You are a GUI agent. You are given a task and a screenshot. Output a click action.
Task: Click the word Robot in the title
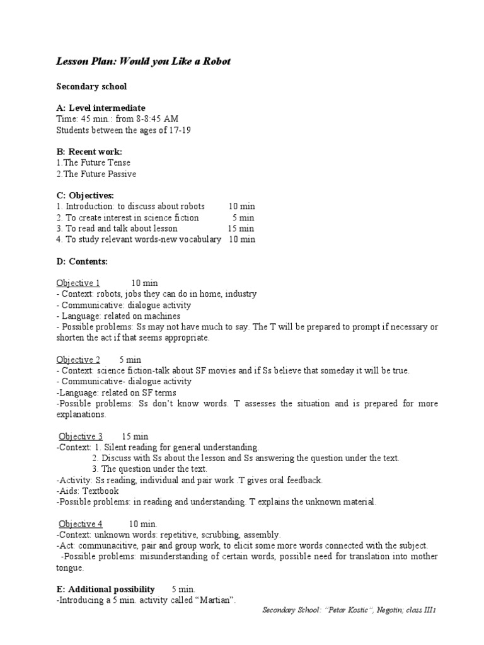(214, 61)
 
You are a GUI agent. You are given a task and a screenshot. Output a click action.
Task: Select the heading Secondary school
(91, 86)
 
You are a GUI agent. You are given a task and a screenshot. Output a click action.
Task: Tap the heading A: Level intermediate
(101, 108)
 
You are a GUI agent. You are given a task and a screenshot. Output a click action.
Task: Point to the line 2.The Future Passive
(96, 174)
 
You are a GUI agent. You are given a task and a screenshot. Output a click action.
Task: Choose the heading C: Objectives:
(85, 196)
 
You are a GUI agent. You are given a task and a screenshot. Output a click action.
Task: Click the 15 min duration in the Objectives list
(241, 228)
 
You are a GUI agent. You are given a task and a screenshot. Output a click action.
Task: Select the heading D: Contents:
(82, 261)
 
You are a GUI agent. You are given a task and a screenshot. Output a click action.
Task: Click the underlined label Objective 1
(78, 283)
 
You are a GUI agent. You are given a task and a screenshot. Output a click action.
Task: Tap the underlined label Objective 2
(78, 360)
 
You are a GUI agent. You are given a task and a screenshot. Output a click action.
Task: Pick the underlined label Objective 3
(81, 436)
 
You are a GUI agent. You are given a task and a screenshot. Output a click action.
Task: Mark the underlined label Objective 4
(81, 523)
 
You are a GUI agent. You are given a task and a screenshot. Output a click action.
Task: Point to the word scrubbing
(222, 535)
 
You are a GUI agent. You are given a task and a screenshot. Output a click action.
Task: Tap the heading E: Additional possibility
(105, 589)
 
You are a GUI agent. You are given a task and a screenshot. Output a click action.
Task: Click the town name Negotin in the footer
(381, 611)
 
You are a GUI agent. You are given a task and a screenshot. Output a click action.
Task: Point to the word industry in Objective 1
(241, 294)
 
